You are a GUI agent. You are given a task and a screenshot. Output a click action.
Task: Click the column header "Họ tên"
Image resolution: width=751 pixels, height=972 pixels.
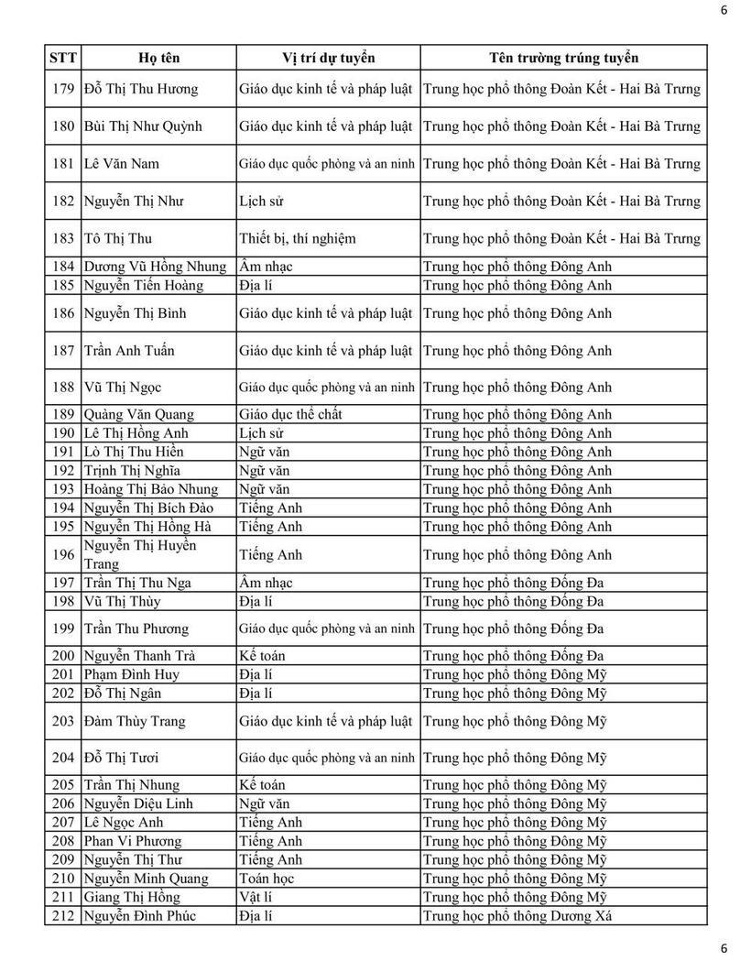(159, 58)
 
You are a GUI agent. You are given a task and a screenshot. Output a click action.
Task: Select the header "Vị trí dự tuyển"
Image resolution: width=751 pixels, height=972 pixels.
(329, 58)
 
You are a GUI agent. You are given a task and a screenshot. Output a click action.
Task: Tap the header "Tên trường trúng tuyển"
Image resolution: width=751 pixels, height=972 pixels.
(563, 58)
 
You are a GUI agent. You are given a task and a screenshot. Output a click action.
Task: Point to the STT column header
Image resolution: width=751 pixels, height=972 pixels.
(62, 58)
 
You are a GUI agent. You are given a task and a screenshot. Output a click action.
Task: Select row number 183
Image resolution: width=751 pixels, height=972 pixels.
(63, 238)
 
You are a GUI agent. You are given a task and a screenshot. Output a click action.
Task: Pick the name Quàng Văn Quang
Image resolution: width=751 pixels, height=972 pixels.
(138, 414)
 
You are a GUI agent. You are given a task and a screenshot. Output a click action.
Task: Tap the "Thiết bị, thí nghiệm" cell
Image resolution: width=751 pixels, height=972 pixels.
(298, 238)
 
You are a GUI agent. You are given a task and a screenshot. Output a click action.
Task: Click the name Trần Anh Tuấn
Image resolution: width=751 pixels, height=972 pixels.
(129, 351)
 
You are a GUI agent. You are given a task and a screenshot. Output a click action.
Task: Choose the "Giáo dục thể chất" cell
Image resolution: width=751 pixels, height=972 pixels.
(290, 414)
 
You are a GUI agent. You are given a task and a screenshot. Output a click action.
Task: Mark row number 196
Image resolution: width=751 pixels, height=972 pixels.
(63, 555)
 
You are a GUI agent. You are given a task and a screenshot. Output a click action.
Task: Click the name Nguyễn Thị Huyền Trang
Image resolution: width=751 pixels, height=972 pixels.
(139, 555)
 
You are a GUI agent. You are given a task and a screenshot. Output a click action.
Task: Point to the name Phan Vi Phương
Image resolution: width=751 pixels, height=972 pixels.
(132, 842)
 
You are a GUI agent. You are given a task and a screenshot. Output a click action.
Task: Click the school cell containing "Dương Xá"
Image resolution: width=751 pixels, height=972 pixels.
(517, 916)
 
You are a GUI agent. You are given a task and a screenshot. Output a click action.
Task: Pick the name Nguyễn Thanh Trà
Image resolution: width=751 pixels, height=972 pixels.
(138, 656)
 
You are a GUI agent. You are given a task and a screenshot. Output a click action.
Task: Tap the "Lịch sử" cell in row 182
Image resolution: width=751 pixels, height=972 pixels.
(259, 202)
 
